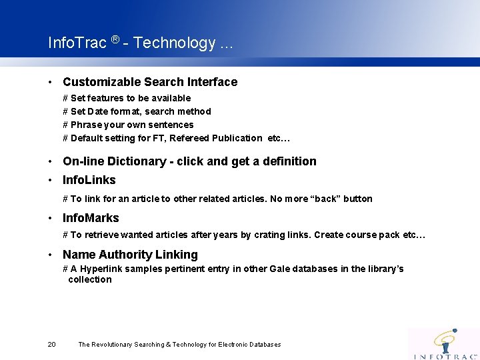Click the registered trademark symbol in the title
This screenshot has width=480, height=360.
pos(116,40)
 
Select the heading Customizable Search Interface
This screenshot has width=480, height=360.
pos(150,82)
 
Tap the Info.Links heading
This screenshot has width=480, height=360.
pos(89,180)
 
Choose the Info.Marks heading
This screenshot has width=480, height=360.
pos(91,218)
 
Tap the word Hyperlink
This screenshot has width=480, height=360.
pos(103,269)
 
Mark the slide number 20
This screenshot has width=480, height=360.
pos(51,345)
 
